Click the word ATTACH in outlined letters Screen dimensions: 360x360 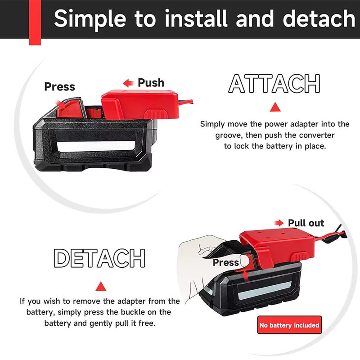(274, 83)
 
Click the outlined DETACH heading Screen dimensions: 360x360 (99, 258)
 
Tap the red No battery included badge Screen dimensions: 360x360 (289, 325)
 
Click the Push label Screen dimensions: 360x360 (151, 83)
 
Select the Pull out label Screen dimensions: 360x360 (306, 223)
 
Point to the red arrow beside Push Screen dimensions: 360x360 (128, 83)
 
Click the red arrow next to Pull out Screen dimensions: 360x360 (279, 223)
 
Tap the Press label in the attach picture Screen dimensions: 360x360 (59, 86)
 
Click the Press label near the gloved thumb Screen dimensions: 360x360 (226, 262)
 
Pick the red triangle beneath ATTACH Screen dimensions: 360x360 (275, 107)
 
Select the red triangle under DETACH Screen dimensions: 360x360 (101, 287)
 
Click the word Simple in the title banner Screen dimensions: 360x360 (90, 19)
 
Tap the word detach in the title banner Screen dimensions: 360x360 (319, 18)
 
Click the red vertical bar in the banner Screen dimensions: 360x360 (35, 22)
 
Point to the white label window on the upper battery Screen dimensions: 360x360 (96, 146)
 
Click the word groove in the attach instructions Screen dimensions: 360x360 (229, 135)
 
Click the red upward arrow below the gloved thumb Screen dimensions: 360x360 (246, 276)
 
